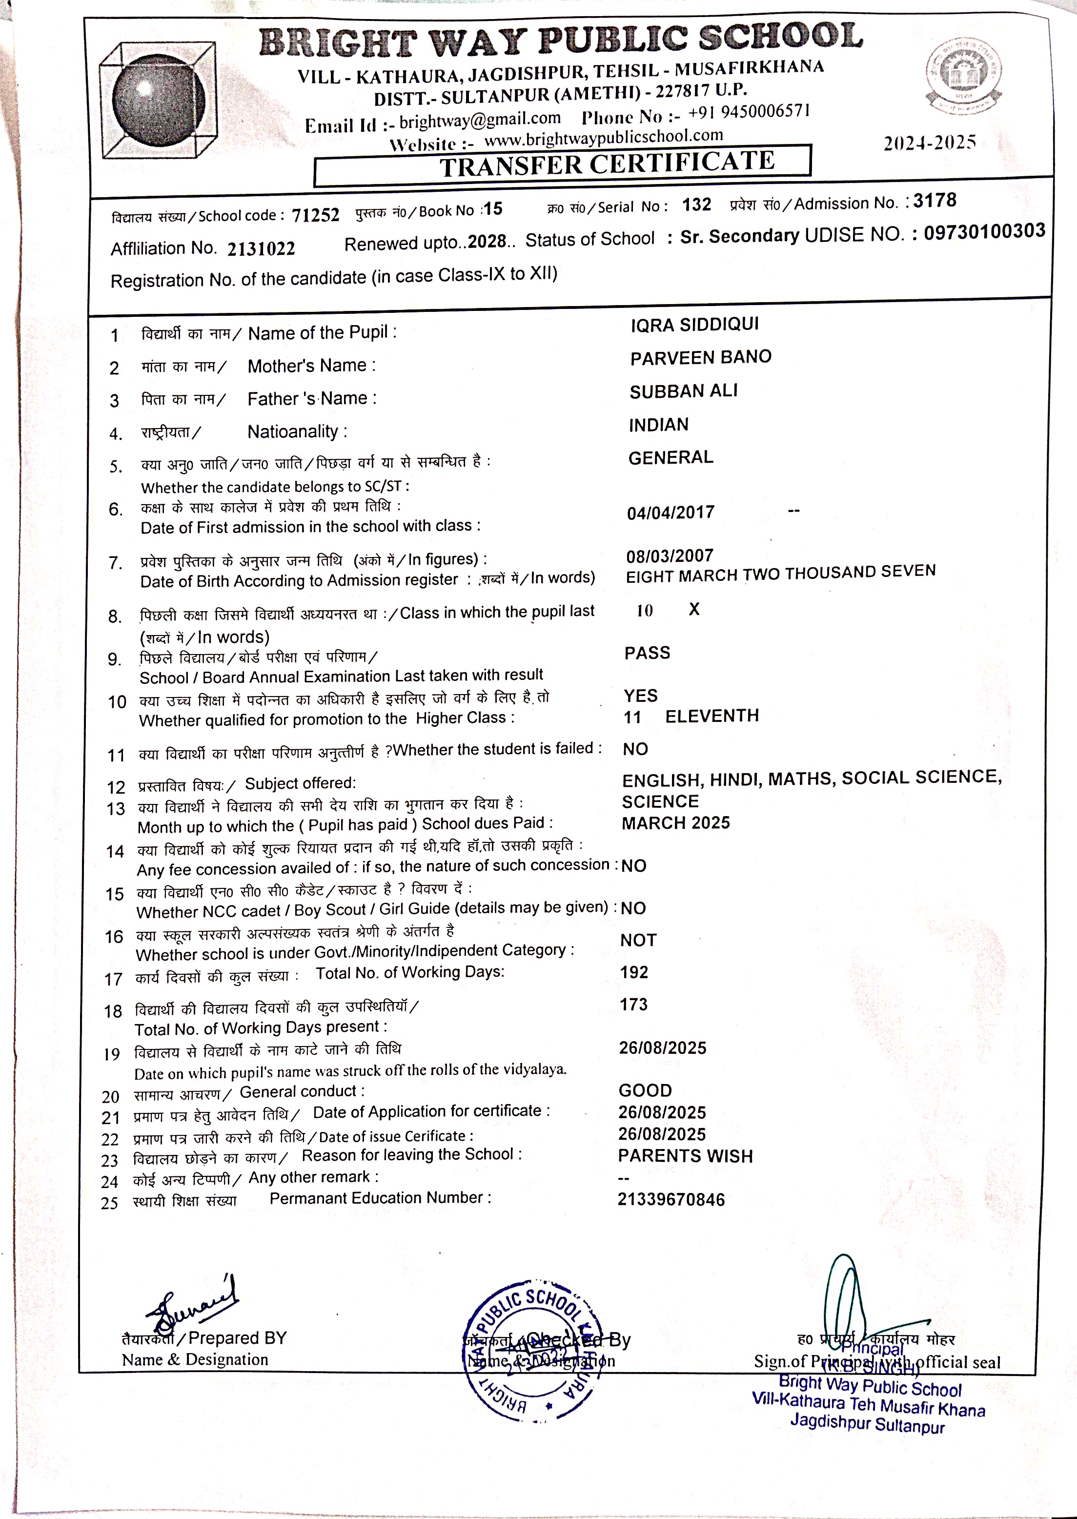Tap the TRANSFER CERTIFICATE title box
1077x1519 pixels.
click(562, 164)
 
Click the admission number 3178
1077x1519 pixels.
click(935, 200)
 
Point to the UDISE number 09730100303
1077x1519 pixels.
click(984, 231)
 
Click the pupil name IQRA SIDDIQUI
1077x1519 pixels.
click(694, 325)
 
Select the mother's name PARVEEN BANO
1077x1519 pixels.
click(700, 357)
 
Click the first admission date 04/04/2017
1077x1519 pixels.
click(671, 512)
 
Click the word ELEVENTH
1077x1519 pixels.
click(711, 716)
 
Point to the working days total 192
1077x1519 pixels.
click(634, 972)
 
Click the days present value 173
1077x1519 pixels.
click(633, 1004)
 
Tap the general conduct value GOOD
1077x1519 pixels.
click(645, 1090)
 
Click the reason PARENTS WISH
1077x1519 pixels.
click(685, 1156)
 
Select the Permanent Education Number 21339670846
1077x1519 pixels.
click(671, 1199)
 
